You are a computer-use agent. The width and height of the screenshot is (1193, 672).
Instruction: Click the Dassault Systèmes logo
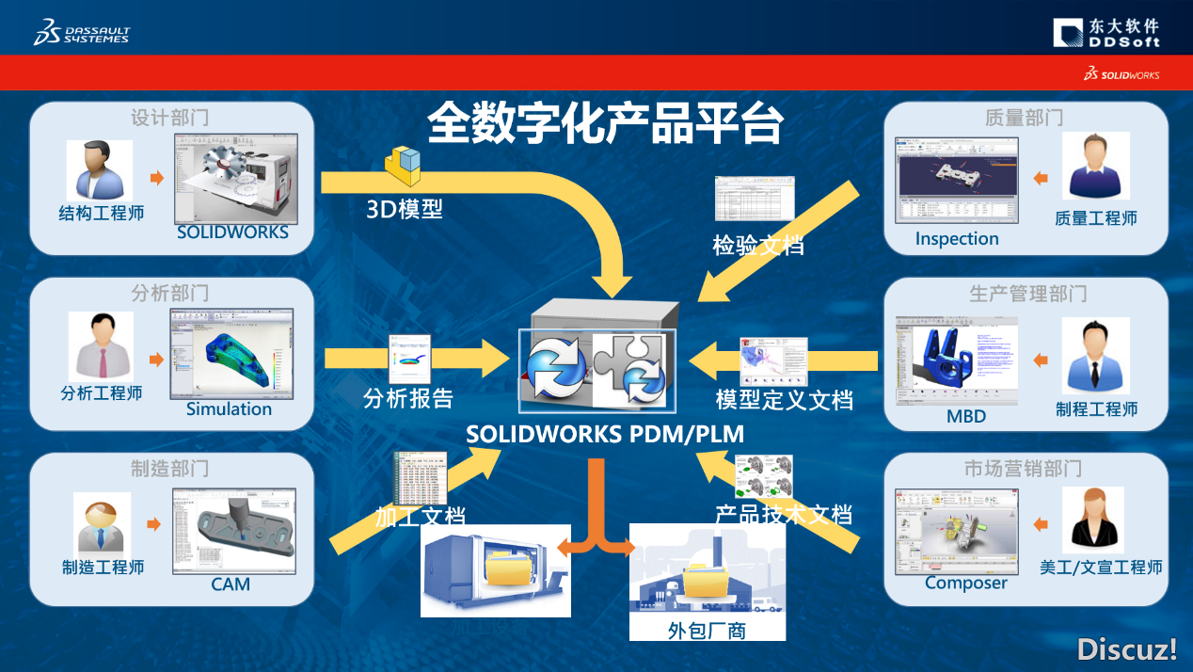(x=81, y=33)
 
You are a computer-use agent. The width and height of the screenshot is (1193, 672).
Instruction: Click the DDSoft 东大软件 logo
(x=1106, y=33)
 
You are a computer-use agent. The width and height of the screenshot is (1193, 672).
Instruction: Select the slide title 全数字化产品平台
(x=604, y=122)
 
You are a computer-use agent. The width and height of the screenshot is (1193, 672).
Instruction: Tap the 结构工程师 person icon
(x=99, y=170)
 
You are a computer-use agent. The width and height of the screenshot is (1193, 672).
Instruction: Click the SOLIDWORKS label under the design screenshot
(x=232, y=232)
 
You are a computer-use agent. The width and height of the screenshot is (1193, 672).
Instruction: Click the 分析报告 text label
(x=408, y=399)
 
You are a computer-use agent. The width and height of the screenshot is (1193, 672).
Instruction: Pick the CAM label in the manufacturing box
(x=231, y=584)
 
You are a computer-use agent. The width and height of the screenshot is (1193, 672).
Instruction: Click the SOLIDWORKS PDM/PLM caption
(x=605, y=435)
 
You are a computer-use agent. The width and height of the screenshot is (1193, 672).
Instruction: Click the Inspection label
(x=957, y=239)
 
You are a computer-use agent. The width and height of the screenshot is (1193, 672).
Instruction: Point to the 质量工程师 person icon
(x=1095, y=167)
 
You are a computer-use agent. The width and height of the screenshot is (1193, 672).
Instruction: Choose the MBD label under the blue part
(x=966, y=416)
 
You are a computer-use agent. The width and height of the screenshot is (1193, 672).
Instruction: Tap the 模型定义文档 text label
(x=784, y=400)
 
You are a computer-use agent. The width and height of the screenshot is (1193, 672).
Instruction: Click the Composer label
(x=965, y=584)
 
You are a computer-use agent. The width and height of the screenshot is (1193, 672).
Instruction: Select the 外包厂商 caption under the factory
(x=706, y=630)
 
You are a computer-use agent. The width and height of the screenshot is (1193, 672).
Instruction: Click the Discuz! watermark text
(x=1127, y=648)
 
